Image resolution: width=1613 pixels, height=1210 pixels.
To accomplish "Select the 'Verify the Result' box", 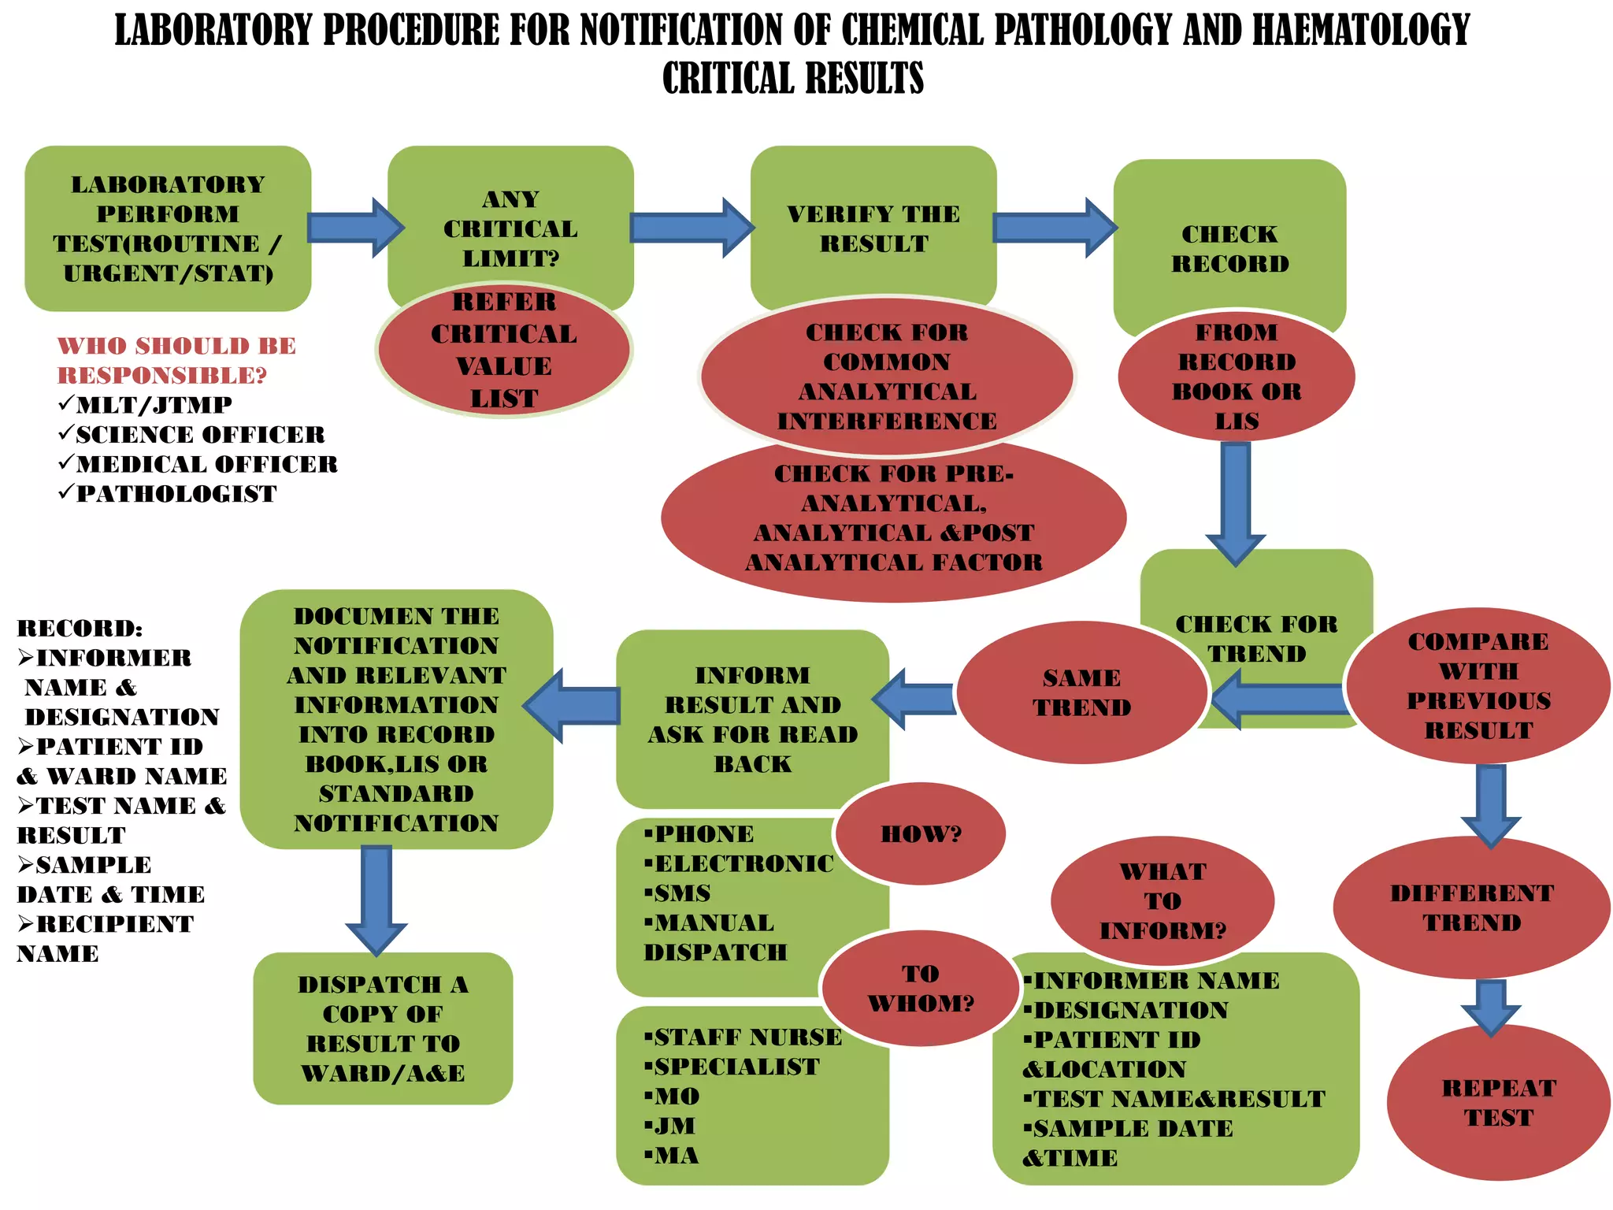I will coord(873,228).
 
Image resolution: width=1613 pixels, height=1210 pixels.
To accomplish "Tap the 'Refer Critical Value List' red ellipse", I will coord(504,351).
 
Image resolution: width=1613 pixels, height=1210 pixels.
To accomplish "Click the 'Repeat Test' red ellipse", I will coord(1499,1103).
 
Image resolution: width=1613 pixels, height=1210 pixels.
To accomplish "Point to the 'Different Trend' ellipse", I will coord(1471,907).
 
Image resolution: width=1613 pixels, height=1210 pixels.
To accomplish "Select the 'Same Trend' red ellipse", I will coord(1081,693).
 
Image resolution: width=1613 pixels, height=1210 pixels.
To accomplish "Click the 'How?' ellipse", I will coord(921,833).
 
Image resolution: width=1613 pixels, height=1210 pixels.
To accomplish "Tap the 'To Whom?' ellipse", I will coord(921,989).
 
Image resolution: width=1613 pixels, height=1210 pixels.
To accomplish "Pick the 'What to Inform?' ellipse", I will coord(1162,900).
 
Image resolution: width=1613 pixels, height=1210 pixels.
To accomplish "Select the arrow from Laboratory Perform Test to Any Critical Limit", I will coord(354,228).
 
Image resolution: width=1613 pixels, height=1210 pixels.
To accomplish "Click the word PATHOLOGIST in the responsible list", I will coord(176,494).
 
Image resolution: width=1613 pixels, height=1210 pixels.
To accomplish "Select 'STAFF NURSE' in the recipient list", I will coord(747,1037).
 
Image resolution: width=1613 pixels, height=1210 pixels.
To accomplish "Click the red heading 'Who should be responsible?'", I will coord(176,360).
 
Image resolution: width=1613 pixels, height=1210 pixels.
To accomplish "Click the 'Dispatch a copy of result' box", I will coord(383,1028).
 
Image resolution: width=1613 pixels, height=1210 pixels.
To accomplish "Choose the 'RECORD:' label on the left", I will coord(80,629).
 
